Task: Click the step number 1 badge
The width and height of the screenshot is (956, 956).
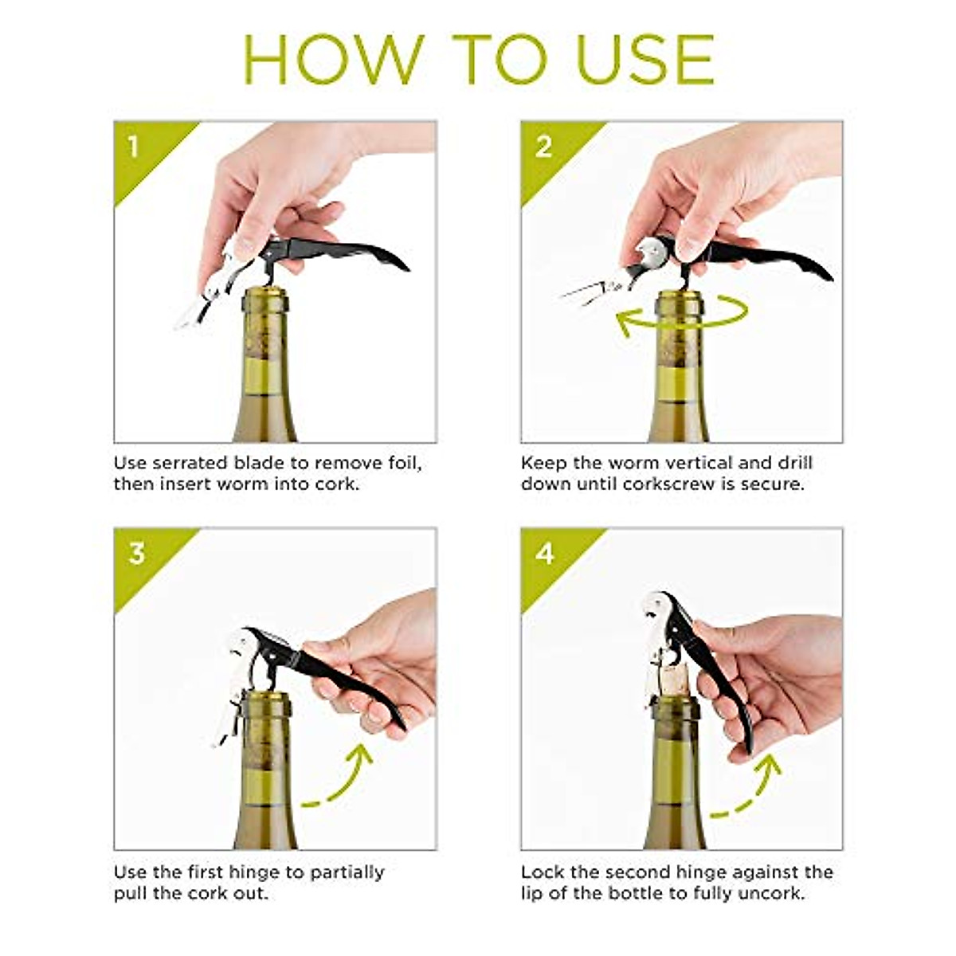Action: (x=133, y=147)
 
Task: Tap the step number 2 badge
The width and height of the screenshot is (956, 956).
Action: (x=543, y=147)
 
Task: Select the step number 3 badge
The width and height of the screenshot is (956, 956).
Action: (x=136, y=553)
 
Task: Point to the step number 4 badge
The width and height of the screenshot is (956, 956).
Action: (x=544, y=553)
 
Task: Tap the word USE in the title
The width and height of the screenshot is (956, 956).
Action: (x=645, y=59)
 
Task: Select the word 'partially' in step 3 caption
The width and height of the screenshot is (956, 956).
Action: (x=343, y=872)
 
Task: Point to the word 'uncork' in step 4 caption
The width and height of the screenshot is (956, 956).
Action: (x=772, y=893)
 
